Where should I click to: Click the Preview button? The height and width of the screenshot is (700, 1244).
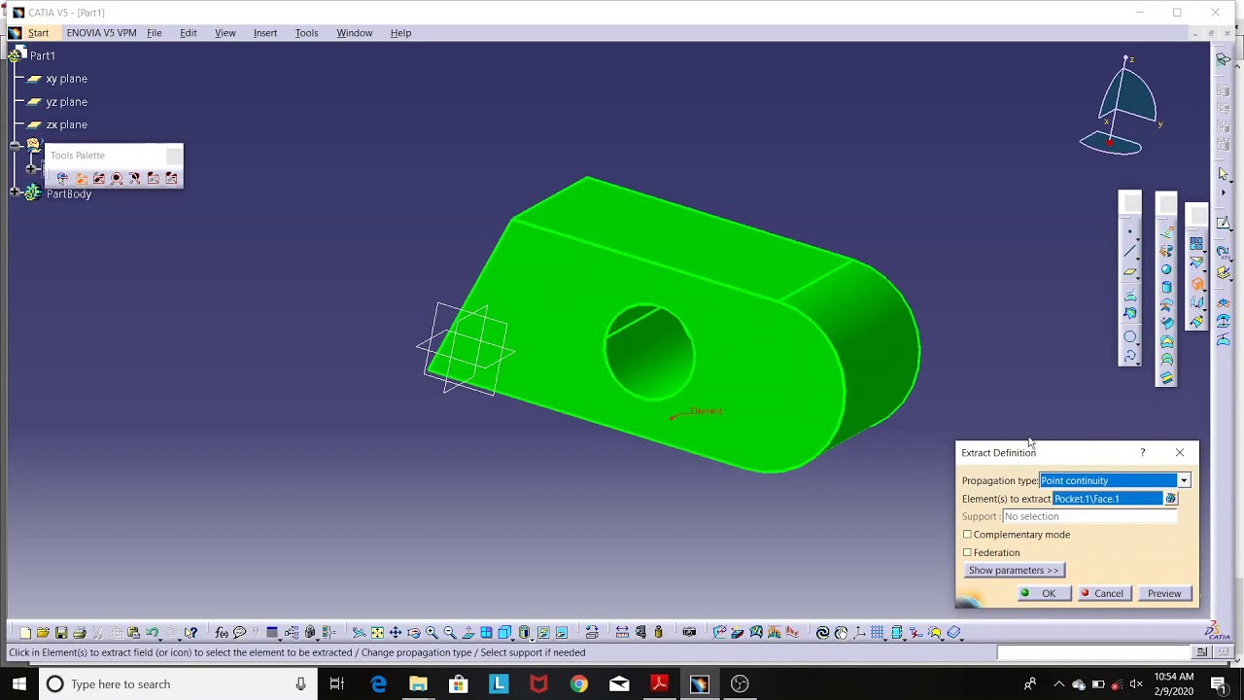pyautogui.click(x=1163, y=593)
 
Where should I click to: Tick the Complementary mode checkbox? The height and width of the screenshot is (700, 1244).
pyautogui.click(x=967, y=535)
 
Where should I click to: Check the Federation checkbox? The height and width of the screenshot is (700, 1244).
pyautogui.click(x=967, y=552)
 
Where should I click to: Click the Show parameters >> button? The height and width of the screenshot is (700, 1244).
pyautogui.click(x=1013, y=571)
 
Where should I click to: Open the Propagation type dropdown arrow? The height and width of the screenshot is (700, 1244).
pyautogui.click(x=1183, y=480)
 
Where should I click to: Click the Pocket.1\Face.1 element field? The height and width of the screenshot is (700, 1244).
pyautogui.click(x=1107, y=499)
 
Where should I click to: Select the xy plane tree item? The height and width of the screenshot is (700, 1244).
pyautogui.click(x=66, y=79)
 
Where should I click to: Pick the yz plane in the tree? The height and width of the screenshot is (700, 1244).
pyautogui.click(x=66, y=102)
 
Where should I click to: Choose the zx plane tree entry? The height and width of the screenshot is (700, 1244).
pyautogui.click(x=66, y=124)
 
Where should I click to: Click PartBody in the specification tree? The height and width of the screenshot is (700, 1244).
pyautogui.click(x=68, y=193)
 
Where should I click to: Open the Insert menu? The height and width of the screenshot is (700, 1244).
pyautogui.click(x=265, y=33)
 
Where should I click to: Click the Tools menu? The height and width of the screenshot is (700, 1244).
pyautogui.click(x=306, y=33)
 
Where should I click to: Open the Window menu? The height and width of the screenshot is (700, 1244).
pyautogui.click(x=354, y=33)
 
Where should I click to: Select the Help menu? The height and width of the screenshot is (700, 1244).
pyautogui.click(x=400, y=33)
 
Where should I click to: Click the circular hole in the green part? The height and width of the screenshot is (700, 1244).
pyautogui.click(x=649, y=352)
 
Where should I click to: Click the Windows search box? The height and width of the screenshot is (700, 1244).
pyautogui.click(x=175, y=684)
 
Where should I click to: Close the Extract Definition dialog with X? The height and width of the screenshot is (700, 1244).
pyautogui.click(x=1180, y=452)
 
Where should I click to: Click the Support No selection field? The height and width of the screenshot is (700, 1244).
pyautogui.click(x=1088, y=516)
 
